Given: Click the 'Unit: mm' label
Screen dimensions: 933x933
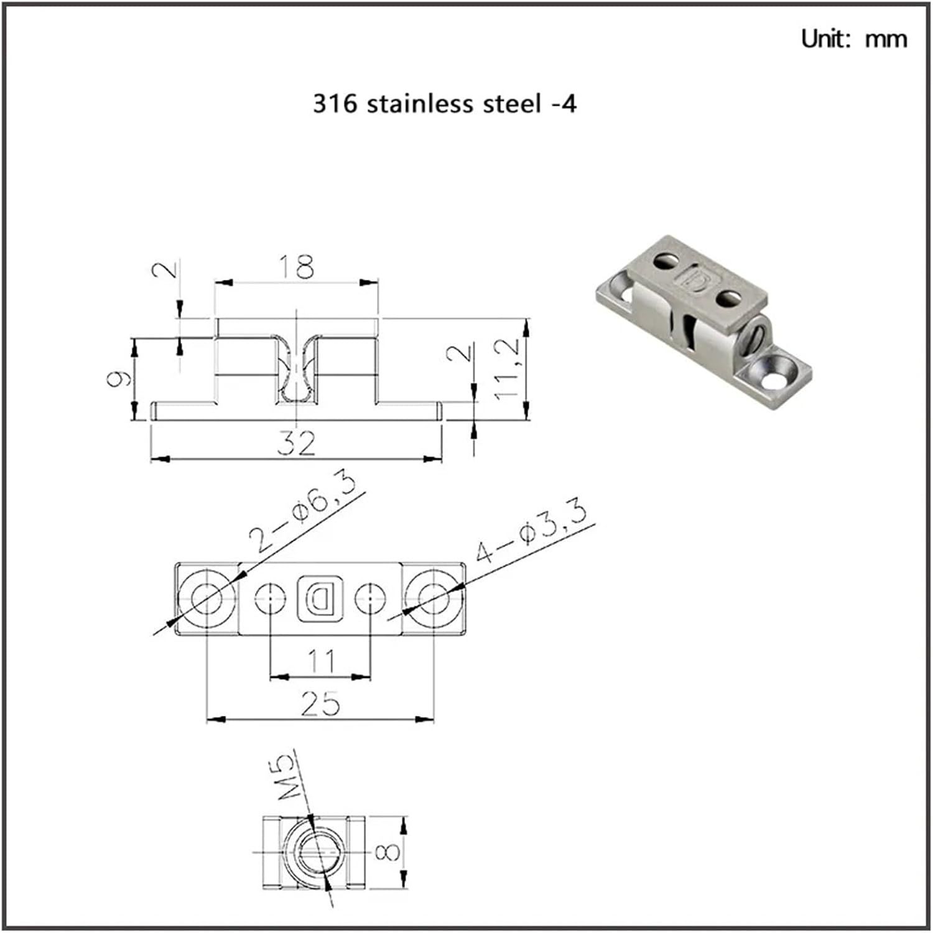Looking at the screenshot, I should coord(853,39).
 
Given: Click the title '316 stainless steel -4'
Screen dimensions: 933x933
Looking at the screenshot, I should coord(444,103).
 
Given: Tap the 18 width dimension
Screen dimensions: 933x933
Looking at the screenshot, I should coord(296,267).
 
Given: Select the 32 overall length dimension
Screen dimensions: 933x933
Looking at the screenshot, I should coord(296,443).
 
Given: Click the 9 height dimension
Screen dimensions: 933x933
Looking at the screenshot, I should coord(119,378).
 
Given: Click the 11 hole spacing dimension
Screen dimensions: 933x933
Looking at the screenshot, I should coord(321,661).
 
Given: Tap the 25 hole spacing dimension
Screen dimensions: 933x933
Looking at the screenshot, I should coord(321,703).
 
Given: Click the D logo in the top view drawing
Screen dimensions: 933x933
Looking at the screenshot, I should coord(320,599).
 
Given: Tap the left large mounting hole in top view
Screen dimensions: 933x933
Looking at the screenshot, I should coord(207,599).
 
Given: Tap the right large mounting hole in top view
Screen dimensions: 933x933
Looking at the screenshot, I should coord(434,599).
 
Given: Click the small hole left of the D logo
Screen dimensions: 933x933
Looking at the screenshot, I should coord(271,599).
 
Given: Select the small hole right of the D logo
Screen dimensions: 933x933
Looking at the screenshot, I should coord(370,599).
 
